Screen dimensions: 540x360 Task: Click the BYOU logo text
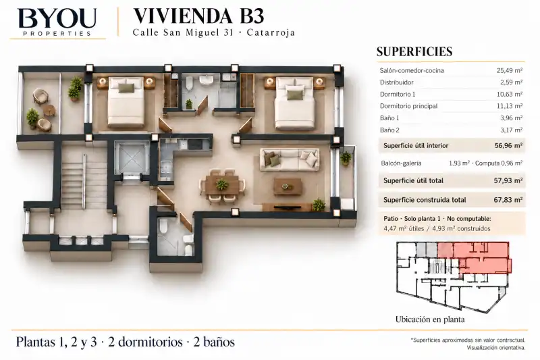click(57, 18)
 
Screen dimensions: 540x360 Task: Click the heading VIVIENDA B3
click(198, 16)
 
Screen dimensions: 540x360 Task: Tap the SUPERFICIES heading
click(414, 51)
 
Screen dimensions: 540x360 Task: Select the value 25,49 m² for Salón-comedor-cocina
click(510, 70)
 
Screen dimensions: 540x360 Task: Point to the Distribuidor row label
click(396, 82)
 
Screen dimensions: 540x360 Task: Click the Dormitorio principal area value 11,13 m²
click(510, 106)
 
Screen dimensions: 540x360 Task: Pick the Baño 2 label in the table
click(389, 130)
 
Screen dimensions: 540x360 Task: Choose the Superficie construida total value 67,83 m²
click(508, 200)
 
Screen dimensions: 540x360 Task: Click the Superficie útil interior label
click(416, 146)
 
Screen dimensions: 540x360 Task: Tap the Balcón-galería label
click(401, 163)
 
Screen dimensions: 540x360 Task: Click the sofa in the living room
click(290, 159)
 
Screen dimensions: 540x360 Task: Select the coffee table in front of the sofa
click(288, 186)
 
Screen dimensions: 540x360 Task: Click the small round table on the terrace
click(49, 110)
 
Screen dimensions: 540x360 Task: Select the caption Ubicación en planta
click(430, 319)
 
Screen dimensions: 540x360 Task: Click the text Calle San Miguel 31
click(183, 32)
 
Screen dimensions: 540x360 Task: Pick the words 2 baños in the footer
click(214, 342)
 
